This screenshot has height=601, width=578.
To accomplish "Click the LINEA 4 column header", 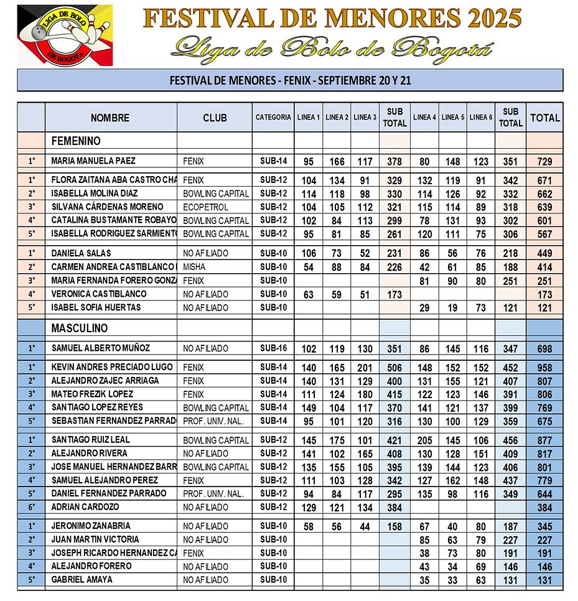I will pos(424,117).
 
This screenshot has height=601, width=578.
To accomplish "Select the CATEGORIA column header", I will pos(273,117).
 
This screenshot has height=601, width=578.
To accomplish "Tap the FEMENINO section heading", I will pos(76,141).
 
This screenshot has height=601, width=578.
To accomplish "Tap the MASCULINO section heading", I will pos(80,328).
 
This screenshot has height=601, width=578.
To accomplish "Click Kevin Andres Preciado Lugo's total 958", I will pos(544,368).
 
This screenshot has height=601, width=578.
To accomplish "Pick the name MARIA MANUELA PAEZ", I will pos(93,161).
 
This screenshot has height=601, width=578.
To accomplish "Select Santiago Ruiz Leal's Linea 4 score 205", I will pos(424,440).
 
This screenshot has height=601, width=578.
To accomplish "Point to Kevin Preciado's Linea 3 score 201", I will pos(365,368).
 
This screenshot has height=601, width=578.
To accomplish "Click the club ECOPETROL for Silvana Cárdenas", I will pos(208,207).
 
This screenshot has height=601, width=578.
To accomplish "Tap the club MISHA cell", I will pos(195,267).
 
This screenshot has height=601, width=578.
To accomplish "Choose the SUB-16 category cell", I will pos(273,348).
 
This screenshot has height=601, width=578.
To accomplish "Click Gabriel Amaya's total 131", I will pos(544,580).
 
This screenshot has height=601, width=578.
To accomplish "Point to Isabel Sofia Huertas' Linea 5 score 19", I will pos(453,308).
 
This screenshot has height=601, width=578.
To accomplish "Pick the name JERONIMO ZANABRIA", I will pos(90,526).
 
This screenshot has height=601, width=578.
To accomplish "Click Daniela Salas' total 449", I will pos(544,254).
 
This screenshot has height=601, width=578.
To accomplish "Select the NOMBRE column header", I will pos(110,118).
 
